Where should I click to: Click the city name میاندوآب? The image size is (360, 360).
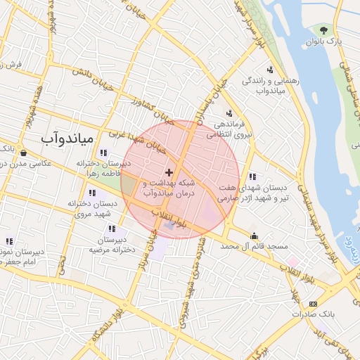pos(67,139)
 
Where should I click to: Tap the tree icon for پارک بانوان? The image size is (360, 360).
pos(323,30)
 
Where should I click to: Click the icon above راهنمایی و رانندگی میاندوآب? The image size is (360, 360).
pos(270,69)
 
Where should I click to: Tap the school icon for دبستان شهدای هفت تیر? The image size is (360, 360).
pos(252,176)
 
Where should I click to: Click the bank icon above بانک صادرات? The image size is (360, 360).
pos(313,304)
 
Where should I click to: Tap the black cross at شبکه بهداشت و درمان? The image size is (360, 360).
pos(169,172)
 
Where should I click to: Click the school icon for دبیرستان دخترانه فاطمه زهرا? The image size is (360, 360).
pos(104,153)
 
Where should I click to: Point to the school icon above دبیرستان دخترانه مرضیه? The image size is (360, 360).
pos(112,228)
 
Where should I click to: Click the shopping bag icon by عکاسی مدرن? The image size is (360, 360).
pos(24,153)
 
